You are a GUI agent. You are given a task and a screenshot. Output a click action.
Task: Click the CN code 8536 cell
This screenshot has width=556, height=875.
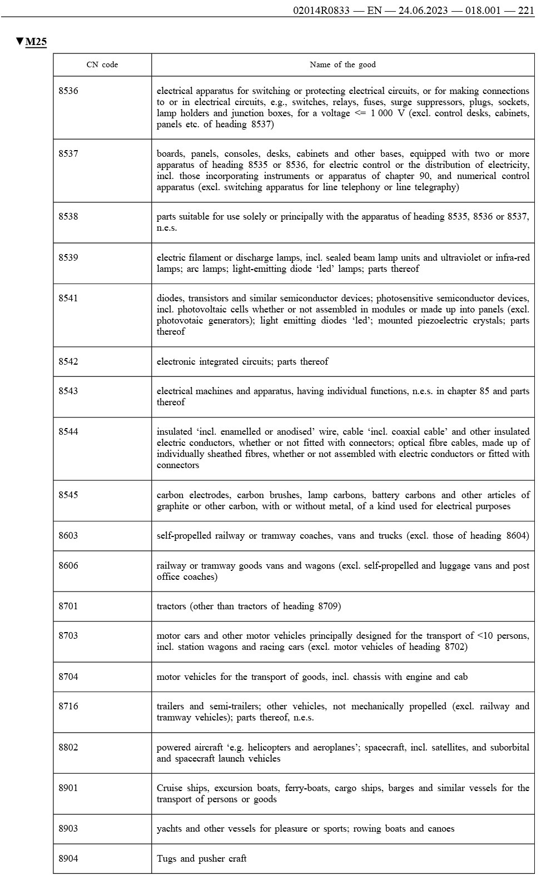point(68,91)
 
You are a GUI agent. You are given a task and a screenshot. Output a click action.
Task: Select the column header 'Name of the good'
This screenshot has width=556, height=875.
point(342,64)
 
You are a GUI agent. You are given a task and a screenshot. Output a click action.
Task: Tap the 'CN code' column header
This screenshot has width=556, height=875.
point(102,64)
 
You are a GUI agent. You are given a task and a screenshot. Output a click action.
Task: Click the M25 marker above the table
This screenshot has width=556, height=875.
point(36,42)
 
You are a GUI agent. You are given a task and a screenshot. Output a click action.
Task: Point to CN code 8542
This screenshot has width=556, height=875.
point(68,361)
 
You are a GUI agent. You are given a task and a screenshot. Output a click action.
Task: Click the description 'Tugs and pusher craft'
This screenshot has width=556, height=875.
point(201,858)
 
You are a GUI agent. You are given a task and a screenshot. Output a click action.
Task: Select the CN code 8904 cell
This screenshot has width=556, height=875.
point(68,858)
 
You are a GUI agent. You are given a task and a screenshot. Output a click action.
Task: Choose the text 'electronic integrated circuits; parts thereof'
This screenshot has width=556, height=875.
point(242,361)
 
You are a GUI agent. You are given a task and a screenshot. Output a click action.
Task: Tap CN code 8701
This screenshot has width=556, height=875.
point(68,606)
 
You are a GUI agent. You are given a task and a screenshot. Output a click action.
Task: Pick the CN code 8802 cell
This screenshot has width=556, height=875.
point(68,747)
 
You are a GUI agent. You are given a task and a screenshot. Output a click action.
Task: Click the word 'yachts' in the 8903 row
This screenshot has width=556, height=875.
point(169,828)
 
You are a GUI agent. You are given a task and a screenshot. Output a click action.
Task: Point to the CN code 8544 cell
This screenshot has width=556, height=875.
point(68,432)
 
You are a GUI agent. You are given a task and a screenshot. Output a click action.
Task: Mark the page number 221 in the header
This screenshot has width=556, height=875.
point(525,11)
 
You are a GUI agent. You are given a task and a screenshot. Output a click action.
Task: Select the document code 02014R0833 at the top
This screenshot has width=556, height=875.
point(321,11)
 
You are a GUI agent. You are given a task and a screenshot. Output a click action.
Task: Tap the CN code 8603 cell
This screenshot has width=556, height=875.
point(68,536)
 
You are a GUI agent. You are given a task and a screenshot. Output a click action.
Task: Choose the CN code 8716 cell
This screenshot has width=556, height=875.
point(68,707)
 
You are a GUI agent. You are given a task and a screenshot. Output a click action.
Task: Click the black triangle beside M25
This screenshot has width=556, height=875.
point(20,42)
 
